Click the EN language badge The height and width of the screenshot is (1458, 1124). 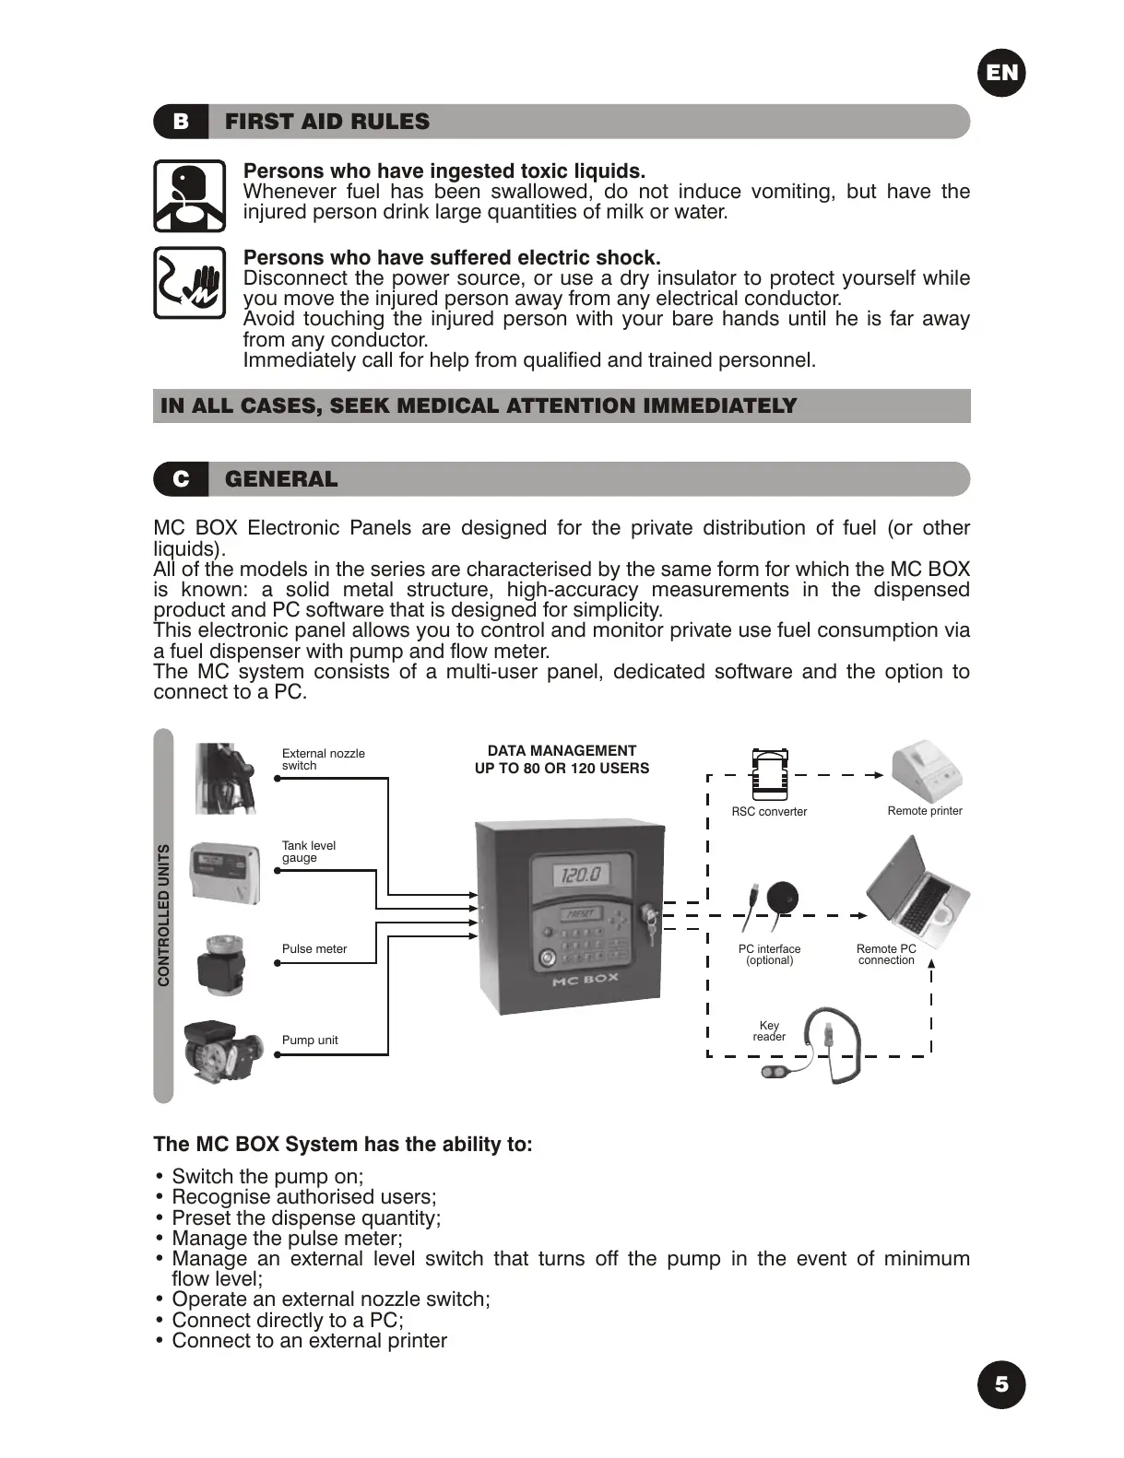point(1001,73)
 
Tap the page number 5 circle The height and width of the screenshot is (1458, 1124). point(1001,1384)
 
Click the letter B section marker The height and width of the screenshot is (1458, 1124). point(181,122)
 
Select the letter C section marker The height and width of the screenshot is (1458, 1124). point(181,479)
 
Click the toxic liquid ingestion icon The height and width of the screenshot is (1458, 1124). point(190,195)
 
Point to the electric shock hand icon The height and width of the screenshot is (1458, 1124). point(190,283)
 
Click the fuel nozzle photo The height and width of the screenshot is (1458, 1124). point(224,778)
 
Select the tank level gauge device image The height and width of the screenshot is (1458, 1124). point(224,872)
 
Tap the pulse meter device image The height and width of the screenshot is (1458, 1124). point(223,964)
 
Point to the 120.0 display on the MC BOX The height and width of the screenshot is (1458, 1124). point(581,873)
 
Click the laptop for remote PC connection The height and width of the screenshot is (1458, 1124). point(917,892)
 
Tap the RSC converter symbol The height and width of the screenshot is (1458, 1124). point(770,774)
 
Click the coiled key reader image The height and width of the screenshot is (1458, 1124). point(821,1046)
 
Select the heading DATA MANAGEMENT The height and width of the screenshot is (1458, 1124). point(562,751)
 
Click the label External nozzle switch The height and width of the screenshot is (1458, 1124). point(323,759)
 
